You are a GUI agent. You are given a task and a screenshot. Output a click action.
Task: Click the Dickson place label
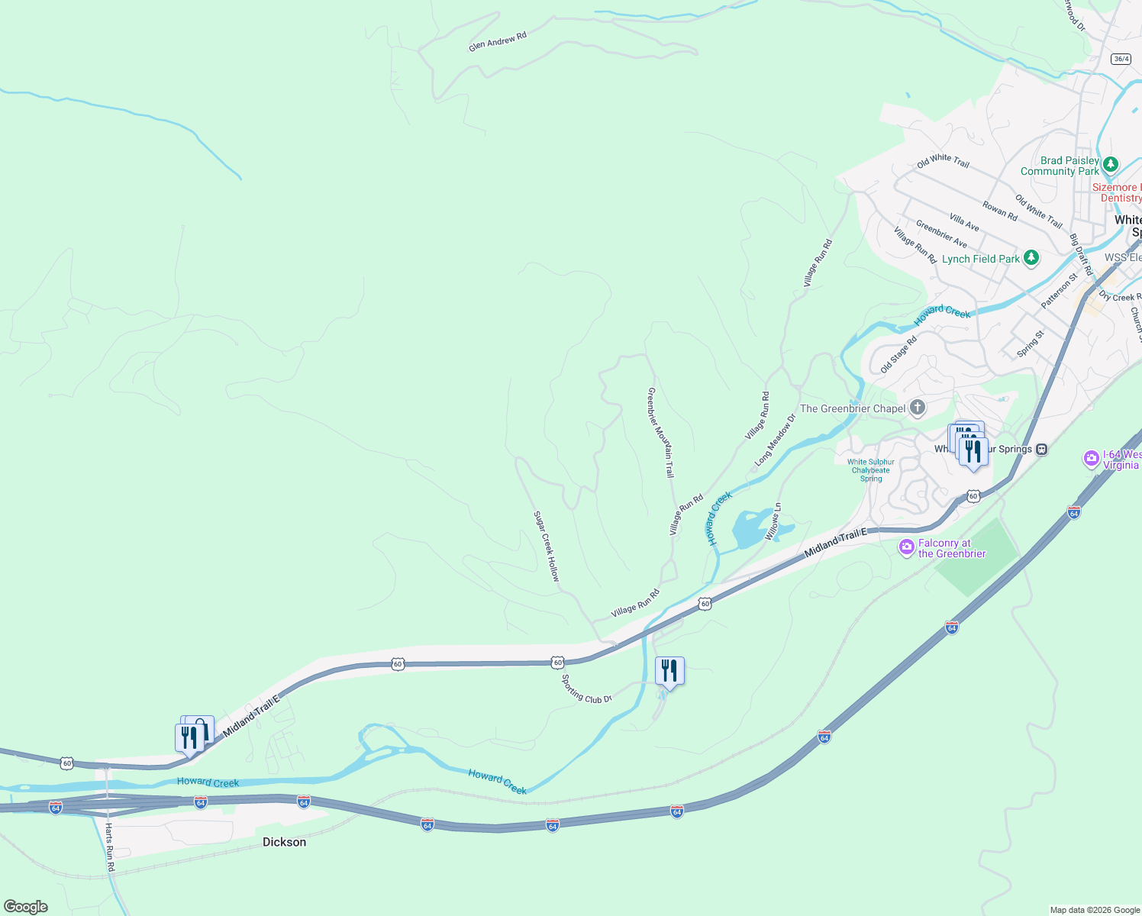tap(284, 842)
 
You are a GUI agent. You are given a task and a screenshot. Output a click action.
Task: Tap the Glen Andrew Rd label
tap(498, 41)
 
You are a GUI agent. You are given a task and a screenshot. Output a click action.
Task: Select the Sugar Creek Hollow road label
tap(547, 547)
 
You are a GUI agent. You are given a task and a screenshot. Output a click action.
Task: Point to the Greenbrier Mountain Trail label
tap(661, 433)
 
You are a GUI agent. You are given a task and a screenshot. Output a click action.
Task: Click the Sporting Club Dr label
tap(587, 689)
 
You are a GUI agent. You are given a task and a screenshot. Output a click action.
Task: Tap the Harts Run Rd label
tap(110, 847)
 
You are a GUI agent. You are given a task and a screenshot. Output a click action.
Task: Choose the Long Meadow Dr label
tap(775, 440)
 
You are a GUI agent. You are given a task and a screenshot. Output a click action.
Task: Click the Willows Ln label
tap(773, 521)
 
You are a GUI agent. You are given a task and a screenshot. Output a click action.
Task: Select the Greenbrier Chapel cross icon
tap(918, 408)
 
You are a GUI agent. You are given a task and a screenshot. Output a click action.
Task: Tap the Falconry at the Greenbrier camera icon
tap(906, 547)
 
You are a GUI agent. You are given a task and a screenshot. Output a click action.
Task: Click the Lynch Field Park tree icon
tap(1031, 258)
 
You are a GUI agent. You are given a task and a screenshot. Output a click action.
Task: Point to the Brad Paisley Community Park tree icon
tap(1111, 165)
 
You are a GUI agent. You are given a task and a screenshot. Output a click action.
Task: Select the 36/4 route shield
tap(1121, 59)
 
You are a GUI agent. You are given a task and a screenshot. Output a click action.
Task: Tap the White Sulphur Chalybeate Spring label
tap(871, 470)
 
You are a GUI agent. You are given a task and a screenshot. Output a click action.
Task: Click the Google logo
tap(26, 907)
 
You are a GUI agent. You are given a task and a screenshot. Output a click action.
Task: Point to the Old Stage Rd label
tap(898, 354)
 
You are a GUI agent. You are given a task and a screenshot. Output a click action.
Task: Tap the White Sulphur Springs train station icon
tap(1041, 449)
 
